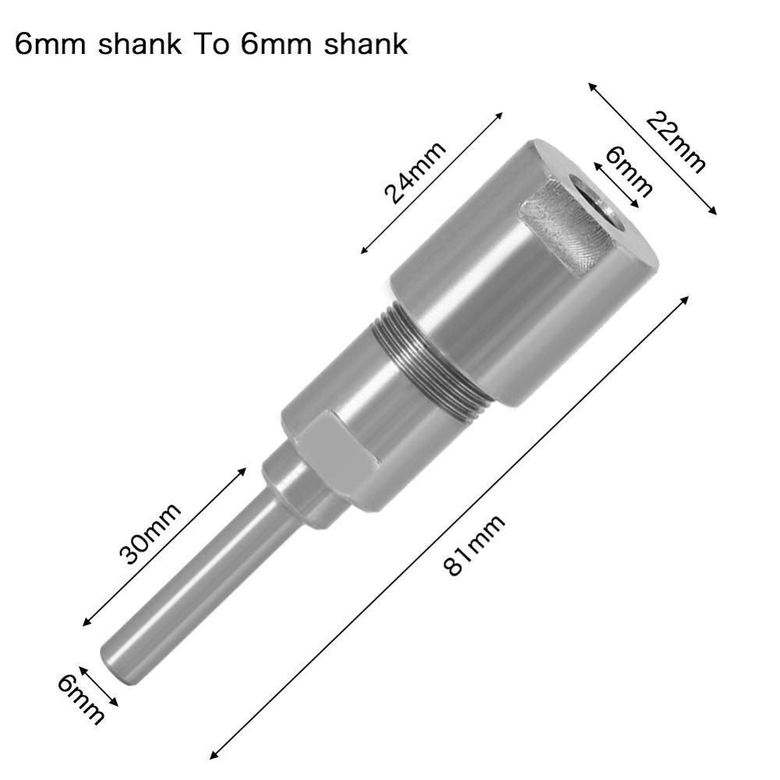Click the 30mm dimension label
149,533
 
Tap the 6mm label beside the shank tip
80,698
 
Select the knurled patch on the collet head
564,230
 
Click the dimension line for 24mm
431,183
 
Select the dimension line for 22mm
652,148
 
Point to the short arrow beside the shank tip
98,686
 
